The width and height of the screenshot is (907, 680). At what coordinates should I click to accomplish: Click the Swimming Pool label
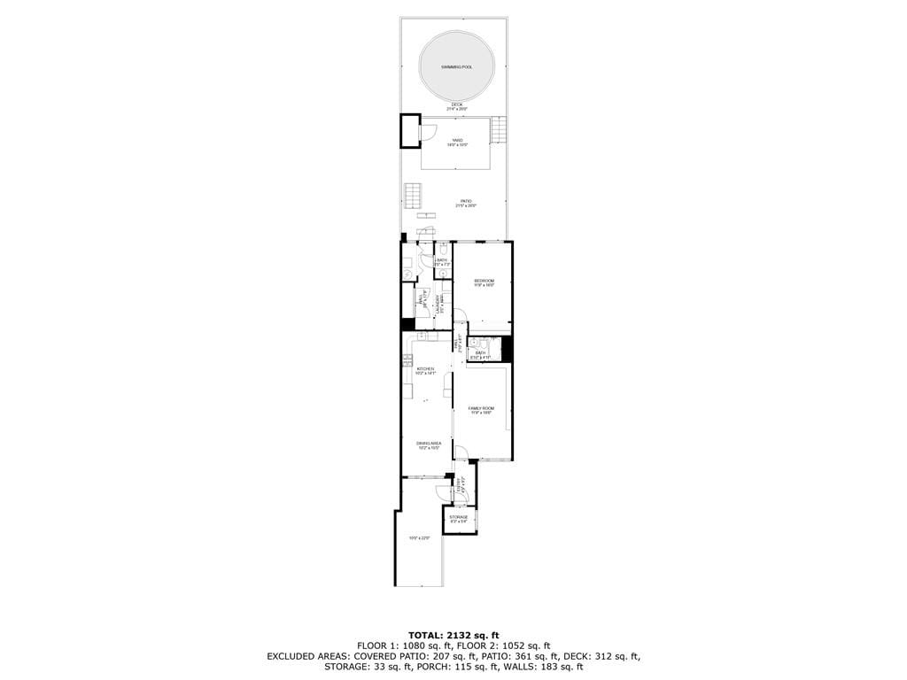(x=457, y=67)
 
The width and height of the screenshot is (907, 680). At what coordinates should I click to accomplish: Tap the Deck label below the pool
(x=457, y=104)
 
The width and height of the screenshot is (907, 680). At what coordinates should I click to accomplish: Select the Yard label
(x=457, y=140)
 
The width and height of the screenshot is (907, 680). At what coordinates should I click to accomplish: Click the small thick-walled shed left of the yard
(x=410, y=131)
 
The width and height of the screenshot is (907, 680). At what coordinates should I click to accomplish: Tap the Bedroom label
(x=484, y=282)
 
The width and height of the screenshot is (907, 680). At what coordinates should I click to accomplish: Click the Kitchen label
(x=426, y=369)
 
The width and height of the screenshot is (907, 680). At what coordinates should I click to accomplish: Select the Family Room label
(x=481, y=408)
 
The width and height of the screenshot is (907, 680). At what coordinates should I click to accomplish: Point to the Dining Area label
(x=429, y=444)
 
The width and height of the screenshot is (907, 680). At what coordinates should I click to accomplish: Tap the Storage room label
(x=458, y=517)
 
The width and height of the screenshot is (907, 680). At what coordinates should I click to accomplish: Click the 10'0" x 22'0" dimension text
(x=419, y=537)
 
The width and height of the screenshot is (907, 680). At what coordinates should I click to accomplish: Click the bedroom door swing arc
(x=460, y=316)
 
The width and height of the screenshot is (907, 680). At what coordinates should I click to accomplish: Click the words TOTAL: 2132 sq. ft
(x=453, y=635)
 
